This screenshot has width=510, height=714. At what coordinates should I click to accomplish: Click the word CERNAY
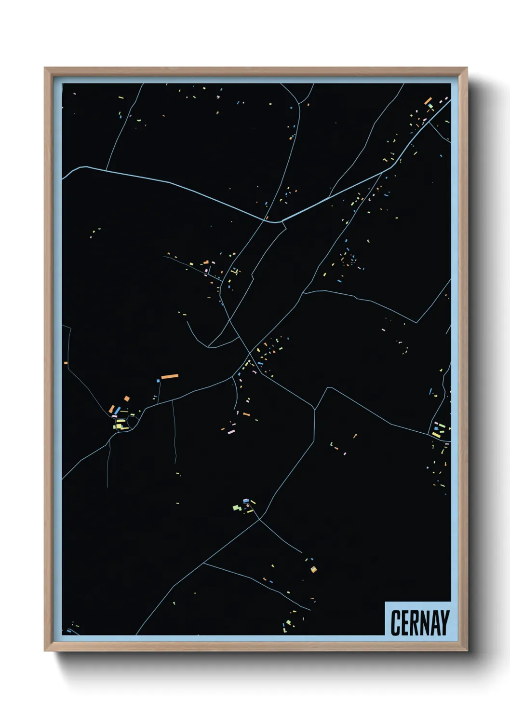(x=419, y=622)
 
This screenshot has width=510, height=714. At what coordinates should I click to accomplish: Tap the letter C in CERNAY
(x=396, y=622)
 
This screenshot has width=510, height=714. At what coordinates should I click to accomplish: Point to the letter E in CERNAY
(x=406, y=622)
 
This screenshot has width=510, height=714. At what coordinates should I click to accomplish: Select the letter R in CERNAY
(x=417, y=622)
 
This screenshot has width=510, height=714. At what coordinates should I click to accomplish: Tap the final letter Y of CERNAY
(x=446, y=622)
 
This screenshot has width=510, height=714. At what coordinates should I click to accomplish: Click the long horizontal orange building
(x=170, y=376)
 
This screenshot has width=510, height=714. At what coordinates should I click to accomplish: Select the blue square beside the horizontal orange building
(x=158, y=381)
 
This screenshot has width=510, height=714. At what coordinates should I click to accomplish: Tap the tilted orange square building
(x=127, y=398)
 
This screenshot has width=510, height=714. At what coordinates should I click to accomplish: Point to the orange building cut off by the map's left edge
(x=66, y=362)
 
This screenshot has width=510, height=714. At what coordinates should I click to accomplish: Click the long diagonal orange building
(x=428, y=101)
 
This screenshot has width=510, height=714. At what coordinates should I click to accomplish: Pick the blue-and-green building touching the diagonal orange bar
(x=430, y=105)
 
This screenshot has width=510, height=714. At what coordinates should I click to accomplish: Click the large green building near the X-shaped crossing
(x=237, y=507)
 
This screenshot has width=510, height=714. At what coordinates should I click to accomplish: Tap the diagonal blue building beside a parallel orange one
(x=117, y=410)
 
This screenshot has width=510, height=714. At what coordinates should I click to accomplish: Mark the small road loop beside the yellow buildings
(x=133, y=424)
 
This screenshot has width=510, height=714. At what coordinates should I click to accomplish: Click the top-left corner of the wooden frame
(x=45, y=69)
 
